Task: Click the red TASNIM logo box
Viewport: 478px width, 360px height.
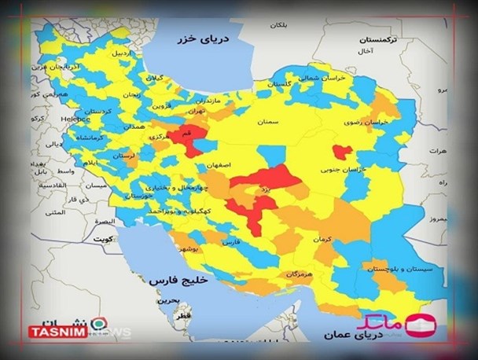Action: pyautogui.click(x=55, y=332)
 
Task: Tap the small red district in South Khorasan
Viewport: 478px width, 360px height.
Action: pyautogui.click(x=342, y=152)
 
